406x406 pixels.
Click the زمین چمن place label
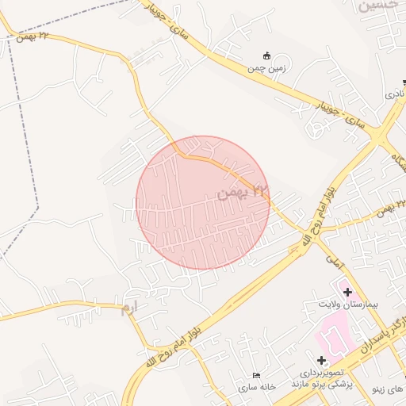point(266,68)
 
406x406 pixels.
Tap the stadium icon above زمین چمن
point(266,56)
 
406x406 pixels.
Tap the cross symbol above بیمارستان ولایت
point(347,292)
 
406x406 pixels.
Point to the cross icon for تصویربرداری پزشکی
point(321,361)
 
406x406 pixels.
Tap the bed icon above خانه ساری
point(255,375)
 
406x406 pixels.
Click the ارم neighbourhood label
point(129,307)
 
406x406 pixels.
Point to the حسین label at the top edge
point(379,6)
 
